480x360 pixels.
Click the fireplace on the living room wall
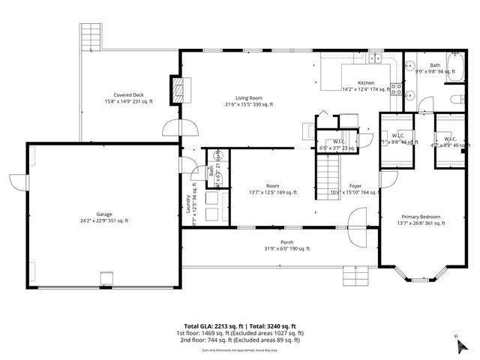[x=178, y=90]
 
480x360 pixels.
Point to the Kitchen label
[x=365, y=82]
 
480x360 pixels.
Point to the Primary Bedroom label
[x=419, y=216]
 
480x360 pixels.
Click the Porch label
[x=286, y=241]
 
